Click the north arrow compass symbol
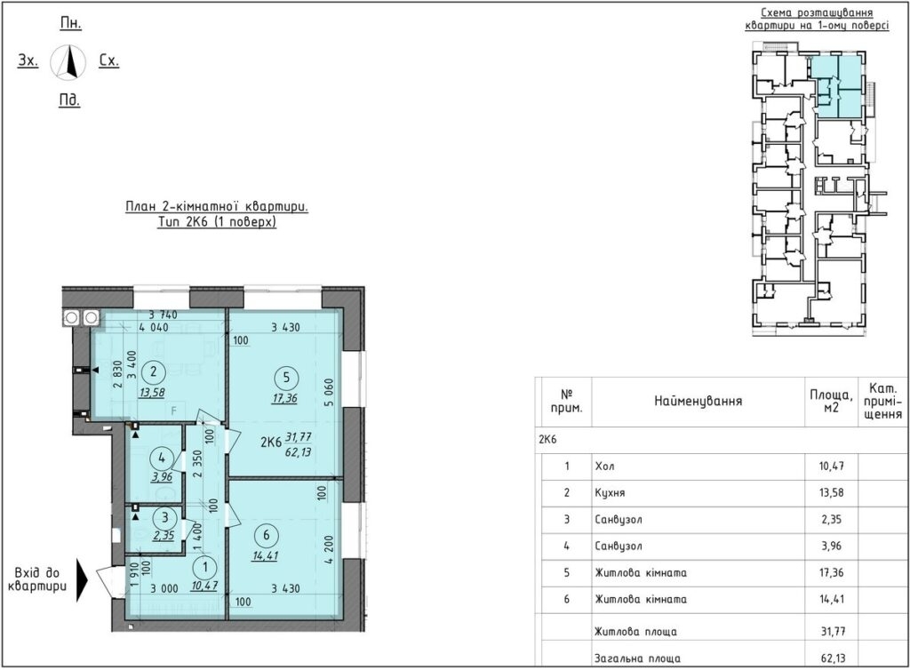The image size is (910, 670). tap(68, 61)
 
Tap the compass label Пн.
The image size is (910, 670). tap(71, 23)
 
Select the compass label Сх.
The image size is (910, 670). tap(109, 60)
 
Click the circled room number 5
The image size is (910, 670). tap(286, 379)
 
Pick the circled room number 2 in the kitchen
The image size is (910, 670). tap(153, 371)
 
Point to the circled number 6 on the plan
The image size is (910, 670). tap(267, 535)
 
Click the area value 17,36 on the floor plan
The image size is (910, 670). tap(285, 398)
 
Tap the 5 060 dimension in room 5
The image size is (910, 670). tap(329, 394)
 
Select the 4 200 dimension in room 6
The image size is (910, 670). tap(329, 550)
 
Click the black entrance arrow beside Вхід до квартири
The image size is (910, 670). tap(83, 579)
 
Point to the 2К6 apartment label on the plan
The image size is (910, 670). tap(270, 443)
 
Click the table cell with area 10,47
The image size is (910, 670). tap(831, 466)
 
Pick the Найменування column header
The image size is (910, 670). tap(698, 401)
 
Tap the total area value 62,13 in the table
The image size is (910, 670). tap(833, 658)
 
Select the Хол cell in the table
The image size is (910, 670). tap(604, 466)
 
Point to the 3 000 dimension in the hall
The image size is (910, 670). tap(164, 588)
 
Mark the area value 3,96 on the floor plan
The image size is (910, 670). tap(162, 477)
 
